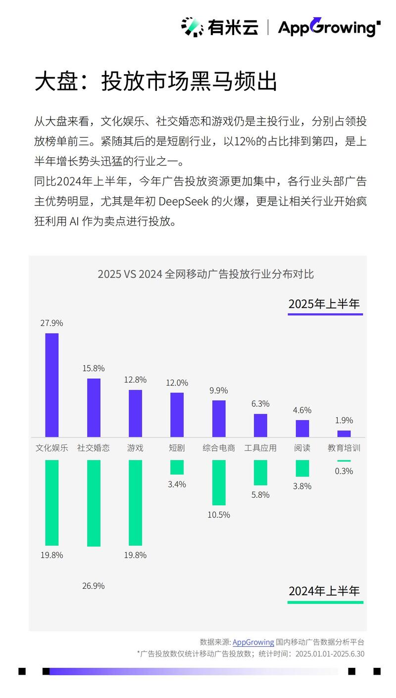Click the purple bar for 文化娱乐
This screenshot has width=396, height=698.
(x=52, y=385)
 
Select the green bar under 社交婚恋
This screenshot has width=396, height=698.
(x=94, y=503)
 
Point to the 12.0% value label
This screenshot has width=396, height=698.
(x=177, y=383)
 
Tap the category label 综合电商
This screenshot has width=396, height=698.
(x=219, y=448)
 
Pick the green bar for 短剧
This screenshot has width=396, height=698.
(x=177, y=467)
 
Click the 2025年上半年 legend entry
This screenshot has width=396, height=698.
(x=325, y=304)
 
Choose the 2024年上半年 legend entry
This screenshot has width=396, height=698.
(x=325, y=591)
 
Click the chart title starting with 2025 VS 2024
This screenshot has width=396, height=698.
(x=205, y=273)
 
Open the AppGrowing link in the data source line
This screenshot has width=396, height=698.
(x=253, y=642)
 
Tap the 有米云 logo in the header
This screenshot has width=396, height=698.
(x=219, y=27)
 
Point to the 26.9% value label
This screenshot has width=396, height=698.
(x=94, y=586)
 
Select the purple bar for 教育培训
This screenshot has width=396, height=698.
(x=344, y=434)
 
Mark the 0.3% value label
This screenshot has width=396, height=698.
(x=344, y=471)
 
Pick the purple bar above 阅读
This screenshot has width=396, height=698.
(x=302, y=428)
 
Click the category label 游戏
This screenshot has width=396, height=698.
(x=135, y=448)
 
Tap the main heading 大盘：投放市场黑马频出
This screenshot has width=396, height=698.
(x=155, y=82)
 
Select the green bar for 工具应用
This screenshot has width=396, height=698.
(x=260, y=473)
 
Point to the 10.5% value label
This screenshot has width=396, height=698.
(x=219, y=515)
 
